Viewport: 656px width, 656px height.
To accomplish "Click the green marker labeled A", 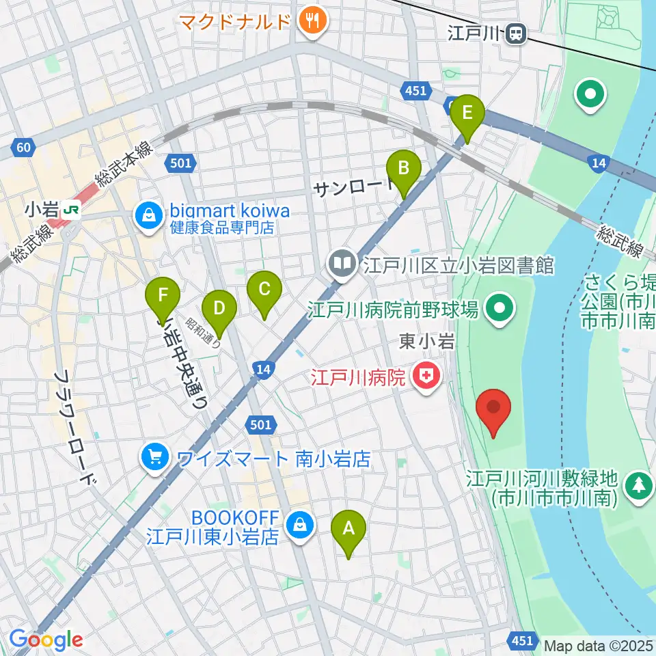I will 348,530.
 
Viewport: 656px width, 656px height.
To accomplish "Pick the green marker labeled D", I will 219,310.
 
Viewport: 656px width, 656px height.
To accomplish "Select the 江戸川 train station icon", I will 516,32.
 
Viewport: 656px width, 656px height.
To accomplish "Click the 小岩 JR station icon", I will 69,211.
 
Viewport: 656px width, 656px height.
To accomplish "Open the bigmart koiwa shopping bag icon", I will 147,217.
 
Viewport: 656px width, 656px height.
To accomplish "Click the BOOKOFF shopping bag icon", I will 299,525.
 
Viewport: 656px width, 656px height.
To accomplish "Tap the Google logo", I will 46,640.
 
